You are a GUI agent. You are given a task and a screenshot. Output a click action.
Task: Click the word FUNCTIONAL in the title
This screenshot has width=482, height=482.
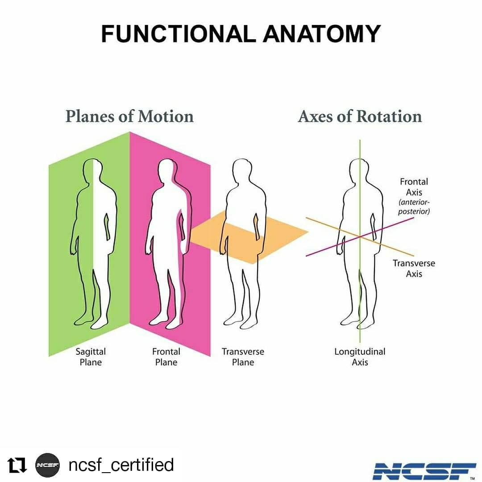tap(178, 33)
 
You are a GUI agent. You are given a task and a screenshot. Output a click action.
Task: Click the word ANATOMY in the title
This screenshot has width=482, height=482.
tap(322, 33)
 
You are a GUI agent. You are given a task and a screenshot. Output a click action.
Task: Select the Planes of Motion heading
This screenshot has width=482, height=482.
tap(129, 116)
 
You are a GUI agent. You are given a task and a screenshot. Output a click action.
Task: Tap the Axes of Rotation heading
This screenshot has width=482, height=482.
tap(360, 116)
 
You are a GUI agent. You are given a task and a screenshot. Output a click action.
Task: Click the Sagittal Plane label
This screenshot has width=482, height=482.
tap(91, 357)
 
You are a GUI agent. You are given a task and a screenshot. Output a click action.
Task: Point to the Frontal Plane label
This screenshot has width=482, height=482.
tap(166, 357)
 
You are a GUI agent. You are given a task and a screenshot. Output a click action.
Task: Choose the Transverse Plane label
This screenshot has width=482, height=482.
tap(243, 357)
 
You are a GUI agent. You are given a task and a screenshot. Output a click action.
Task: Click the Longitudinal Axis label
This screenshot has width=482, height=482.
tap(360, 357)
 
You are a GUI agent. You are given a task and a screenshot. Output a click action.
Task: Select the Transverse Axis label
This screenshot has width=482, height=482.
tap(414, 268)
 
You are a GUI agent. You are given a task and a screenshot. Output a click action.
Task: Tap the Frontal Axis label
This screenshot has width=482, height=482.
tap(414, 187)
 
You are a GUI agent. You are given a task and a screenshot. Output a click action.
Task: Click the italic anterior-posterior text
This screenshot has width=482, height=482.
tap(414, 207)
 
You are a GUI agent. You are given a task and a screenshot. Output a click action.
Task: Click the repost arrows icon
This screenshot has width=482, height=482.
tap(17, 465)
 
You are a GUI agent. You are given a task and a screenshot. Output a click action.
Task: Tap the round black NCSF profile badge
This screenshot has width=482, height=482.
tap(47, 465)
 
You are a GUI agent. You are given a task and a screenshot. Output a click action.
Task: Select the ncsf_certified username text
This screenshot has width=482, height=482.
tap(121, 465)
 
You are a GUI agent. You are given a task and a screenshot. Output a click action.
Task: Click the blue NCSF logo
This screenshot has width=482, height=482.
tap(424, 471)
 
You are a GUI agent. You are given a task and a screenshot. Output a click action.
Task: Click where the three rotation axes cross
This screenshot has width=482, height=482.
tap(360, 237)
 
